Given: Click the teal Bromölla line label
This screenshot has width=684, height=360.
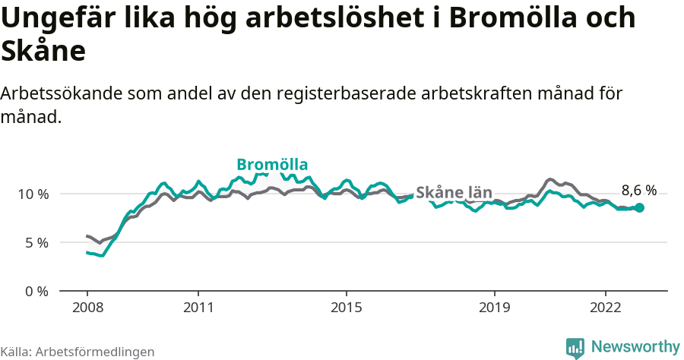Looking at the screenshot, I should tap(272, 165).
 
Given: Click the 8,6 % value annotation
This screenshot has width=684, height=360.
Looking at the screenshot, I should tap(639, 191).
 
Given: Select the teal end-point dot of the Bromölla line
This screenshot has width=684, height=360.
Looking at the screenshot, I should tap(639, 207).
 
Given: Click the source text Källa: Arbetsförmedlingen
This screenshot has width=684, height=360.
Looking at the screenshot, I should tap(78, 352).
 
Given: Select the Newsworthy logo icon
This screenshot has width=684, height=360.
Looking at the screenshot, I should tap(575, 347).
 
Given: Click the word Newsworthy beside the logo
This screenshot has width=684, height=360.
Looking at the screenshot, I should tap(635, 346).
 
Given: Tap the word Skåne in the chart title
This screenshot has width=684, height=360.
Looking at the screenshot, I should tap(43, 52).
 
